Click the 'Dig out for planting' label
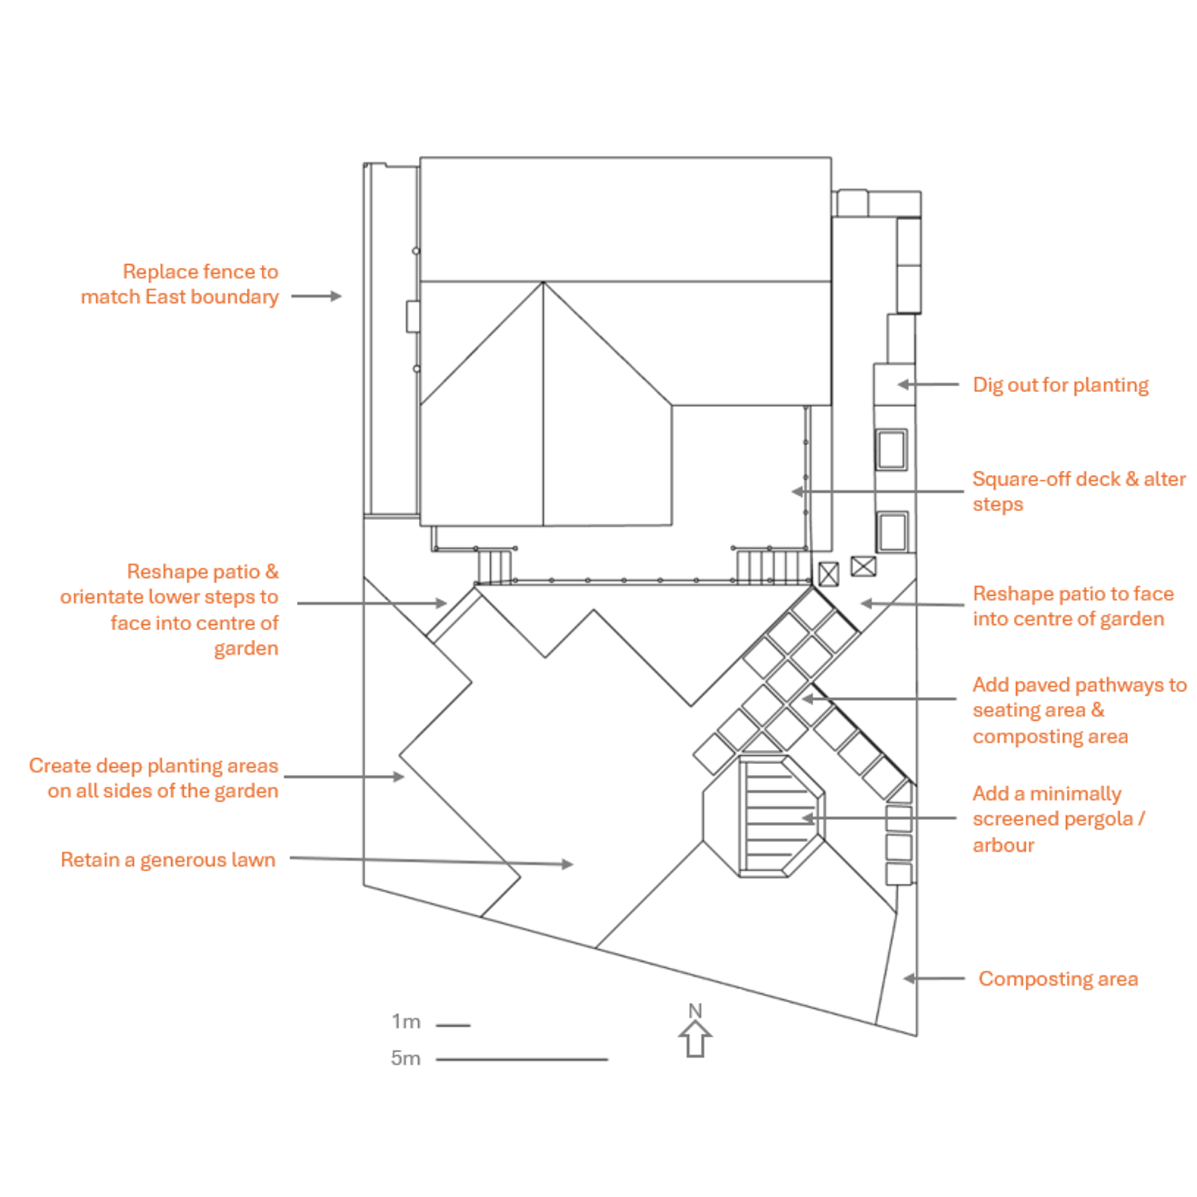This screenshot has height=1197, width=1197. tap(1059, 385)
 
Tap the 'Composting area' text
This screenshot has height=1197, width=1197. tap(1057, 978)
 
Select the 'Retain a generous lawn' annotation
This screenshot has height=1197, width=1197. tap(167, 859)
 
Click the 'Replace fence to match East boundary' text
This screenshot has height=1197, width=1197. tap(179, 283)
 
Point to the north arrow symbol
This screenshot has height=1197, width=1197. tap(695, 1039)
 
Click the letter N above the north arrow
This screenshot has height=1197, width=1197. tap(695, 1010)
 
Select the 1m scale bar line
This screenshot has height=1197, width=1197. tap(452, 1025)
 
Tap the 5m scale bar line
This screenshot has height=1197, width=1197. tap(522, 1059)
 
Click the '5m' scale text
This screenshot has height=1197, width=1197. tap(405, 1058)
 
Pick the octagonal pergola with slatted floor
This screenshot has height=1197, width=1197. tap(765, 817)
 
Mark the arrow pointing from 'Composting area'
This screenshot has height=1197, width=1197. tap(934, 978)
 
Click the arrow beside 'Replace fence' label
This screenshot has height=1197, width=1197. tap(316, 296)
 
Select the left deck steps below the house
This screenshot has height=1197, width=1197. tap(494, 567)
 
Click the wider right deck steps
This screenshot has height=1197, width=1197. tap(772, 567)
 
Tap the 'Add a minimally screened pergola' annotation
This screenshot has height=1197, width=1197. tap(1057, 818)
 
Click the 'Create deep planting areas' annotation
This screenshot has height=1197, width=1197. tap(153, 777)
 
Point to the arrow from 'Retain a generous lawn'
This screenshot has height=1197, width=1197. tap(431, 861)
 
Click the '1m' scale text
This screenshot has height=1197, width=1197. tap(405, 1021)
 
